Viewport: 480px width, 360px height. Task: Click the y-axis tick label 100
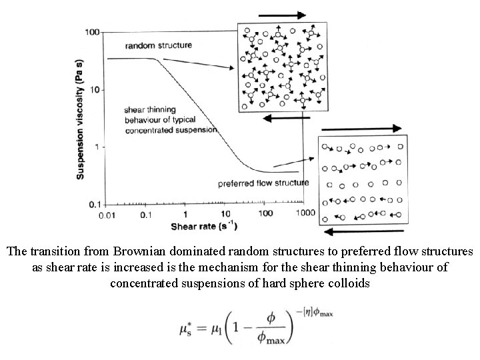92,32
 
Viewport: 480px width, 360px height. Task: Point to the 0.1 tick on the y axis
94,203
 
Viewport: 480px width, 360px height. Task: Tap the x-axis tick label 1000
306,213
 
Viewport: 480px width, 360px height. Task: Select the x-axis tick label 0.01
107,215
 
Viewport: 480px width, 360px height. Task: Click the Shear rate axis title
201,227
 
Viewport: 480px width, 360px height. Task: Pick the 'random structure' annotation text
159,45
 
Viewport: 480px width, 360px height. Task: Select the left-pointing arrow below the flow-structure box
363,231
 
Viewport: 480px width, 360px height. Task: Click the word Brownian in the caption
143,253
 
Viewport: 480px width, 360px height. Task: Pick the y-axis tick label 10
95,89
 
